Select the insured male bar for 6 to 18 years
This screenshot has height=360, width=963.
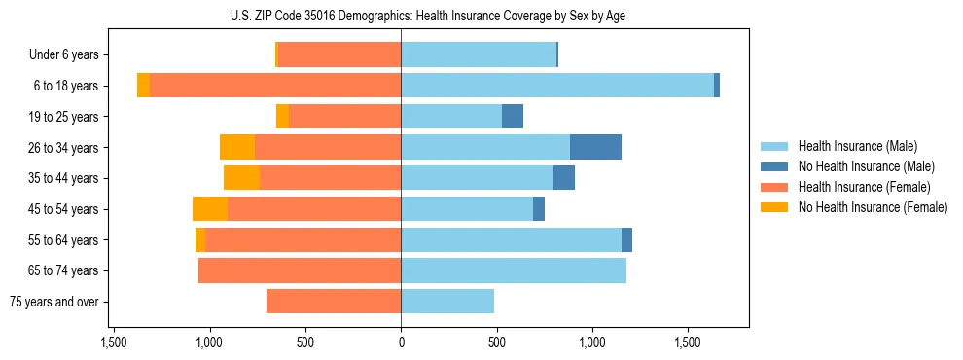(x=557, y=86)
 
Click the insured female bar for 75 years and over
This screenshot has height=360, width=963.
(x=334, y=302)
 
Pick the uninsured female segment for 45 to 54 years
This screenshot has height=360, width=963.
(x=210, y=209)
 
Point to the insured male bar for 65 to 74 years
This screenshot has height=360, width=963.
(x=514, y=270)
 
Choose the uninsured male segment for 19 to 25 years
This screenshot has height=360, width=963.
(x=513, y=117)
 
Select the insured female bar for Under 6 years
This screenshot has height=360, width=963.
(x=339, y=54)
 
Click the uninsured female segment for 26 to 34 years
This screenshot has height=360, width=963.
(x=237, y=147)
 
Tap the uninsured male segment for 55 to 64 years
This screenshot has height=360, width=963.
(x=626, y=239)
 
